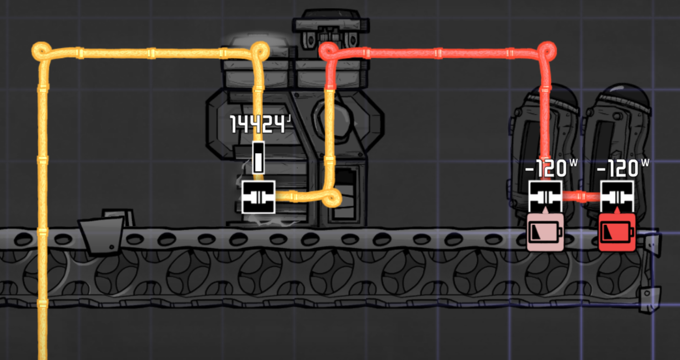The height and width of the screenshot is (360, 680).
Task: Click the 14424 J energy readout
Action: click(258, 125)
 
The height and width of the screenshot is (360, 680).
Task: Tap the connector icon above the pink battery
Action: click(545, 197)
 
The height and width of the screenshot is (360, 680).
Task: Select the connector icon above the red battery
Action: click(617, 197)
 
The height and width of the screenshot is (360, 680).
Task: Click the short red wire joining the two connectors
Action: click(581, 197)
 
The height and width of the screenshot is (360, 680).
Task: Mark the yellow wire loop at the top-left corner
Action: click(41, 50)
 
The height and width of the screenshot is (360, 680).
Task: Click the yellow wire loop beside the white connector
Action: click(332, 199)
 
